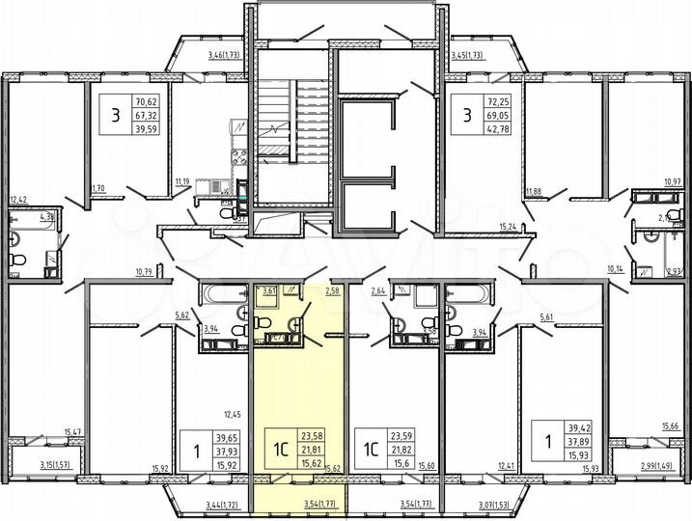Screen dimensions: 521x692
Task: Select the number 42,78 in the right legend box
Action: click(x=494, y=130)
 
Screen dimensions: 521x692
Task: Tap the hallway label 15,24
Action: click(x=508, y=227)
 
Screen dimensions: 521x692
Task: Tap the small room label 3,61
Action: click(x=271, y=289)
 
